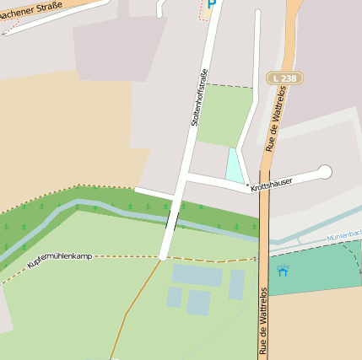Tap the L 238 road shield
pos(285,78)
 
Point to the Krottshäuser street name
pos(272,183)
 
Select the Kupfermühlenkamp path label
pos(60,260)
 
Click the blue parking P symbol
pos(211,5)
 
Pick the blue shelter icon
pos(282,271)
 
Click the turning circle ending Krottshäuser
pos(325,172)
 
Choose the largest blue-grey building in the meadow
pos(197,275)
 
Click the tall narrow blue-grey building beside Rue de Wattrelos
pos(237,284)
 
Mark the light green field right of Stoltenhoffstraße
pos(224,116)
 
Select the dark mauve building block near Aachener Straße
pos(115,46)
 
